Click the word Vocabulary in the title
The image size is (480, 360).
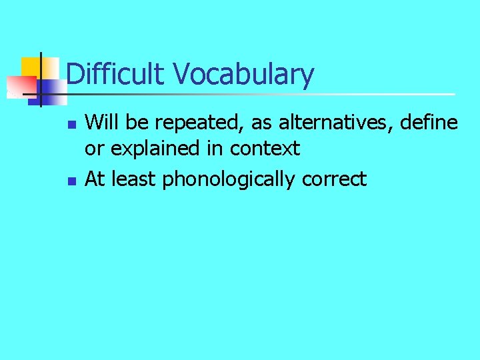pyautogui.click(x=243, y=75)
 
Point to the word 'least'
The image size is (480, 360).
pyautogui.click(x=135, y=179)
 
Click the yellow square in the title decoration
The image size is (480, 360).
pyautogui.click(x=31, y=67)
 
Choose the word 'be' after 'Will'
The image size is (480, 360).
pyautogui.click(x=128, y=122)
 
